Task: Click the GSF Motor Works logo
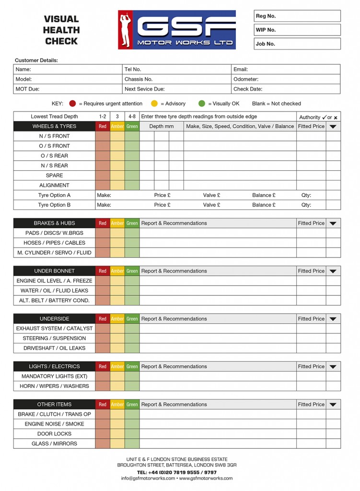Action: pyautogui.click(x=177, y=30)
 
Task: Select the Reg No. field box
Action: pyautogui.click(x=297, y=16)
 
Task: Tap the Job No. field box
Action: pyautogui.click(x=297, y=44)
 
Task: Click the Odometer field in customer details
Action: pyautogui.click(x=286, y=79)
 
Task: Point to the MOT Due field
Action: pyautogui.click(x=68, y=89)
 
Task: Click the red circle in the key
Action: pyautogui.click(x=73, y=104)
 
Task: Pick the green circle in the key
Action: pyautogui.click(x=202, y=104)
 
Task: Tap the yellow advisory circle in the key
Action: pyautogui.click(x=154, y=104)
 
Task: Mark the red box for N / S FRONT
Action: pyautogui.click(x=103, y=136)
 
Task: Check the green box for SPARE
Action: pyautogui.click(x=132, y=175)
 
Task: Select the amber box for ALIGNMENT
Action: pyautogui.click(x=117, y=185)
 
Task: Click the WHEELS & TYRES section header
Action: pyautogui.click(x=54, y=127)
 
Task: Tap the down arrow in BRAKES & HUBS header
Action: pyautogui.click(x=333, y=223)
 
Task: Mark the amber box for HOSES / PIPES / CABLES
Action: pyautogui.click(x=117, y=243)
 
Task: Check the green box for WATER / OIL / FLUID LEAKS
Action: pyautogui.click(x=132, y=291)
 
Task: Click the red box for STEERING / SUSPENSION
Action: pyautogui.click(x=103, y=339)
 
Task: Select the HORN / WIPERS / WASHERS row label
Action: pyautogui.click(x=54, y=386)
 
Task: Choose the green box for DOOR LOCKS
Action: pyautogui.click(x=132, y=434)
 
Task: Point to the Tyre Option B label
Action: pyautogui.click(x=54, y=205)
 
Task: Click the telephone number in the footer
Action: pyautogui.click(x=176, y=472)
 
